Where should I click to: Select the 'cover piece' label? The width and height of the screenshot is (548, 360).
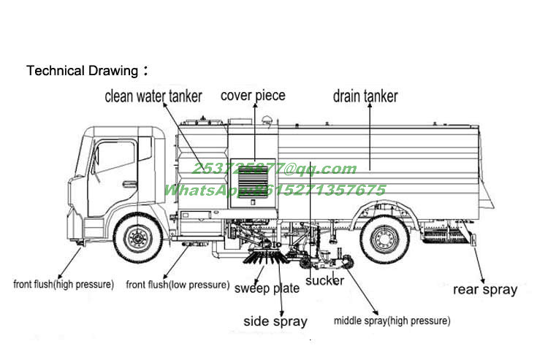253,96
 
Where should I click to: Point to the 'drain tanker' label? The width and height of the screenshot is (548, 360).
365,96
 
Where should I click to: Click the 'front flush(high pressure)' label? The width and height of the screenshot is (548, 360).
64,284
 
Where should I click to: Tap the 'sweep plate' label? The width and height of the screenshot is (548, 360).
267,288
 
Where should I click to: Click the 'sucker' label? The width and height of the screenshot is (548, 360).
324,280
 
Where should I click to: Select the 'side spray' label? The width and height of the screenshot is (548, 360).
275,321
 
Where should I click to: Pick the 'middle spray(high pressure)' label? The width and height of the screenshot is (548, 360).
392,321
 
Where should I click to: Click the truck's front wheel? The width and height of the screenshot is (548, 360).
137,237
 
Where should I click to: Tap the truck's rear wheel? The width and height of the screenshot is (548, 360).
384,237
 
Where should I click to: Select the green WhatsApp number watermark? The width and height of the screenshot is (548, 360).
274,190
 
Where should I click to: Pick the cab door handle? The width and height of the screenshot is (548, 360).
130,184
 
